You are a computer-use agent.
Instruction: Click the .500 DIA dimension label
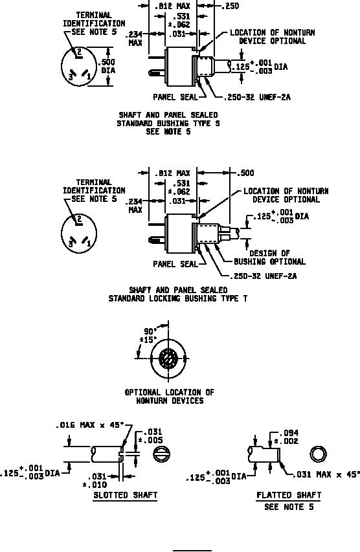coord(107,66)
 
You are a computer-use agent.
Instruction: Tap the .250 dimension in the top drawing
coord(230,6)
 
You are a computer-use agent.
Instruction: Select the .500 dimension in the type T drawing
coord(245,173)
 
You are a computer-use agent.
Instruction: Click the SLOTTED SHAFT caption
coord(126,495)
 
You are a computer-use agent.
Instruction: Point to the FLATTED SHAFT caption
coord(289,495)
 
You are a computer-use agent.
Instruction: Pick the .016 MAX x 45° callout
coord(90,425)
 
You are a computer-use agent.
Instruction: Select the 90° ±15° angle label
coord(148,335)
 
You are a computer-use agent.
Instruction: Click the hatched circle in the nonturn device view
coord(168,359)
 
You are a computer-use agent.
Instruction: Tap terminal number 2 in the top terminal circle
coord(79,52)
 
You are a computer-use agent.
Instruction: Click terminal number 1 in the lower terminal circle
coord(89,243)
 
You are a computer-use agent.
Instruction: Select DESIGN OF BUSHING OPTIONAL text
coord(270,258)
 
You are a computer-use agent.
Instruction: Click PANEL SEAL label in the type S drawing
coord(175,97)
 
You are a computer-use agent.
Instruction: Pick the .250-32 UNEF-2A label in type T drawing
coord(263,276)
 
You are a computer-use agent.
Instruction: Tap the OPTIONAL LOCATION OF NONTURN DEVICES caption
coord(170,397)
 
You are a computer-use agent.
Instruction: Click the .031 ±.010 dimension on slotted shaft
coord(96,481)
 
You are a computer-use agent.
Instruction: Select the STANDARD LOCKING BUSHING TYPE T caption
coord(178,298)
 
